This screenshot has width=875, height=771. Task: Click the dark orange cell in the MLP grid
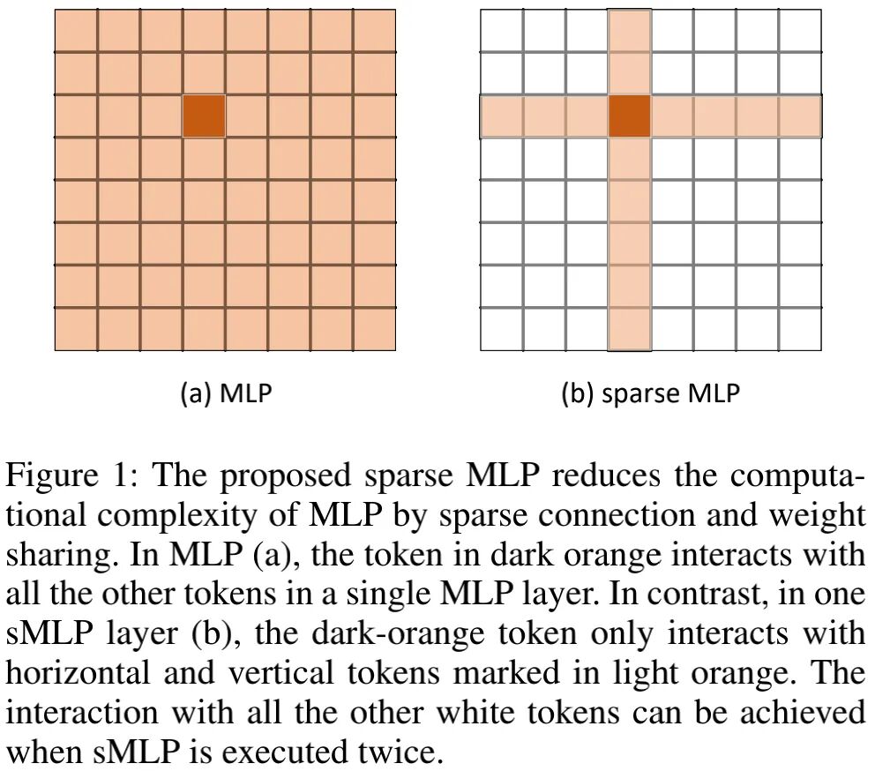(204, 116)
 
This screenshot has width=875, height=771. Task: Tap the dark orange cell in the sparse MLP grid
(630, 116)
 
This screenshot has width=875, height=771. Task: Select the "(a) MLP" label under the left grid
(226, 393)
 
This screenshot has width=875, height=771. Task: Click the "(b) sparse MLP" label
(651, 393)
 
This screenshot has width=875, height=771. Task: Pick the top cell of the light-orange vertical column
(630, 31)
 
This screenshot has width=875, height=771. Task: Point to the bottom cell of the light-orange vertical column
(630, 329)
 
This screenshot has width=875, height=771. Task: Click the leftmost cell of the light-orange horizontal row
(502, 116)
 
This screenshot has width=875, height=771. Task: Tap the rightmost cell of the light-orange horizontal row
(800, 116)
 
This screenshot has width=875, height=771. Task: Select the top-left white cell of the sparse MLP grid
(502, 31)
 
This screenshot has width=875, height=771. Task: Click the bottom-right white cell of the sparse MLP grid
(800, 329)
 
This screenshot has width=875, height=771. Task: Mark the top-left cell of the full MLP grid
(76, 31)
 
